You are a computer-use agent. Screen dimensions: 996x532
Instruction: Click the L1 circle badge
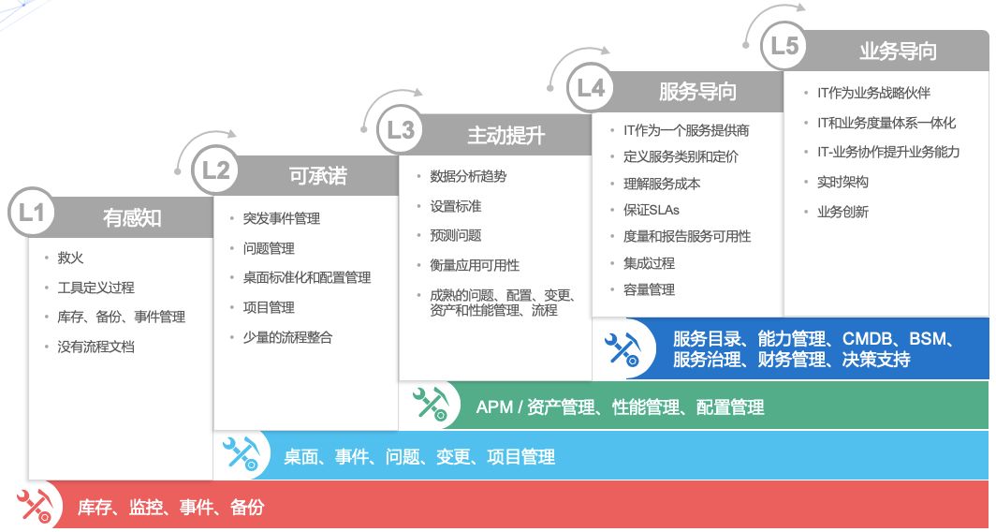coord(31,213)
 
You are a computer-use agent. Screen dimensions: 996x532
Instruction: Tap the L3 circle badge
coord(401,129)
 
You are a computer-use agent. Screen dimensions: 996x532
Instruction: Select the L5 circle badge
coord(784,46)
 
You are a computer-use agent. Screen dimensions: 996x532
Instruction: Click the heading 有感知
coord(132,218)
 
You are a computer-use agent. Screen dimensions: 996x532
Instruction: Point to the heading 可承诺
coord(317,175)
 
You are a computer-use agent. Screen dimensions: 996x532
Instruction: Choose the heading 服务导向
coord(697,92)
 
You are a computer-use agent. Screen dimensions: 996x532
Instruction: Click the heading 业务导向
coord(899,51)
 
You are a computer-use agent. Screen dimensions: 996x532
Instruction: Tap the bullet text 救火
coord(70,258)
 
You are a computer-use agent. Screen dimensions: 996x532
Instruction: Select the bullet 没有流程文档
coord(95,347)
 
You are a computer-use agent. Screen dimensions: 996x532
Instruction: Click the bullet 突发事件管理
coord(282,218)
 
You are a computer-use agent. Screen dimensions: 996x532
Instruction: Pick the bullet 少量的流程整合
coord(287,337)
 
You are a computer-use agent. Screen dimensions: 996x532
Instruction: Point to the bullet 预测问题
coord(456,235)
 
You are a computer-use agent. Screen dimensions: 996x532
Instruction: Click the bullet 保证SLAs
coord(652,210)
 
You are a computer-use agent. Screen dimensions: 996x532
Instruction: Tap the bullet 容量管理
coord(650,289)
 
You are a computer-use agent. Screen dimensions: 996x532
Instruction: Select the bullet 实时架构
coord(842,182)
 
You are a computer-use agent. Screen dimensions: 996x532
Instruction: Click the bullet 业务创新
coord(842,212)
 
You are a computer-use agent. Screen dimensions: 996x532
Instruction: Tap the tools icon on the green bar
coord(432,405)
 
